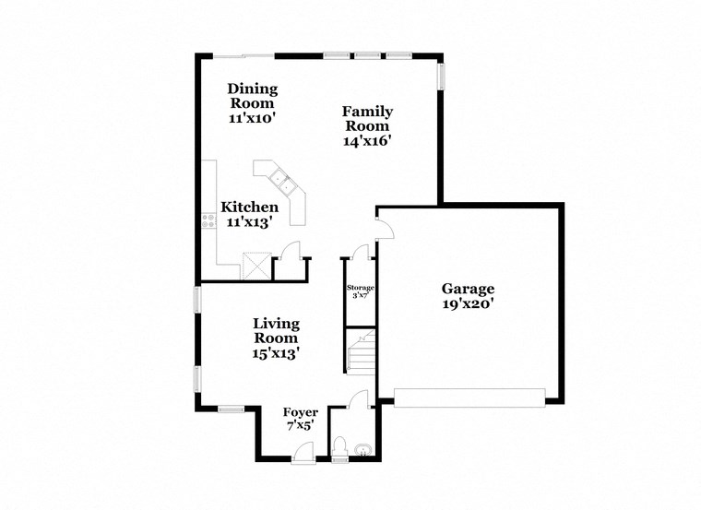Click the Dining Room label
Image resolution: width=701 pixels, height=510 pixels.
[253, 96]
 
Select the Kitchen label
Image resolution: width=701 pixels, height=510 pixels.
[249, 208]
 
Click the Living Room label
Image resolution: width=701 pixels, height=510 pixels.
[276, 330]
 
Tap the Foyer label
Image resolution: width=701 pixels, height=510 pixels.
[300, 412]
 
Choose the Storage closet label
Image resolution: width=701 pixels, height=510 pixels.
[360, 289]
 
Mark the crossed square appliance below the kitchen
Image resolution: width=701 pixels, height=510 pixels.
[255, 267]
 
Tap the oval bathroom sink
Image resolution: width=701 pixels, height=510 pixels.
[363, 451]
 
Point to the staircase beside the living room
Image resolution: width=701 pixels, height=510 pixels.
[361, 350]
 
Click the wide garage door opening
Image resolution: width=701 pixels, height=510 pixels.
[469, 397]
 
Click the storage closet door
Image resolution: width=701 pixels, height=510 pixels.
[361, 251]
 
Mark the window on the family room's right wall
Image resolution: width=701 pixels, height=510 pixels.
[441, 77]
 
